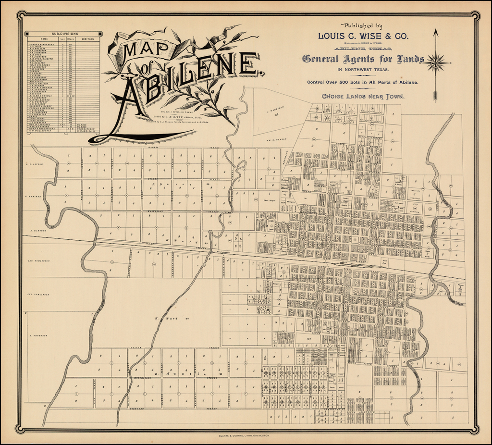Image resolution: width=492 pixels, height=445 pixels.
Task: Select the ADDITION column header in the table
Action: coord(88,39)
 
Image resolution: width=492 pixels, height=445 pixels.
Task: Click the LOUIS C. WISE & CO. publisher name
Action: coord(364,36)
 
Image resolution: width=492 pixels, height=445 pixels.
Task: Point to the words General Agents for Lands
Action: coord(363,59)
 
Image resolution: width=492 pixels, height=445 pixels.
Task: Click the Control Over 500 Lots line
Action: coord(363,82)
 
